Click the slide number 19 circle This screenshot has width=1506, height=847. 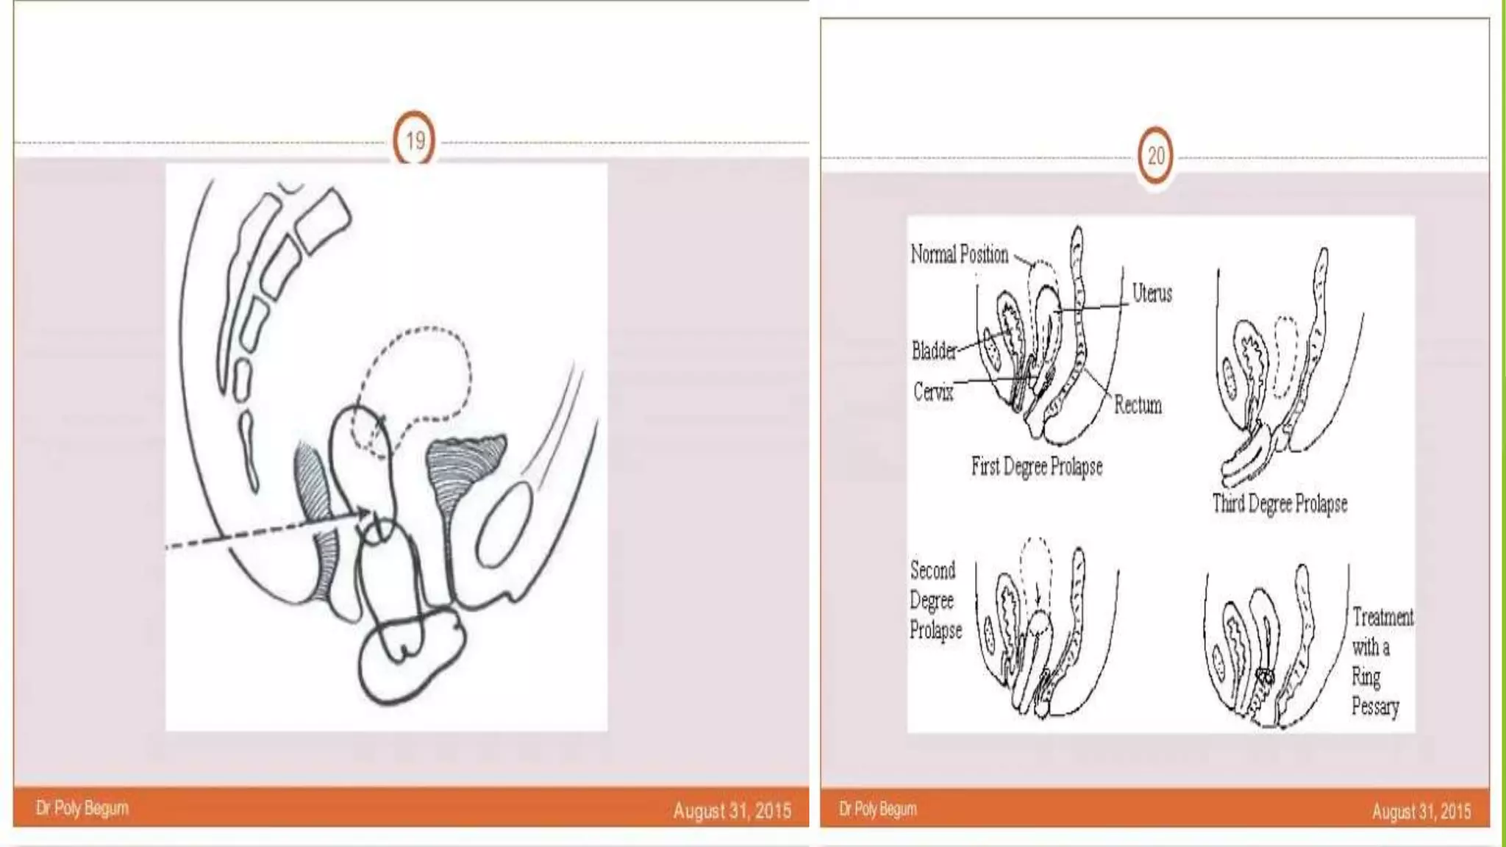tap(415, 140)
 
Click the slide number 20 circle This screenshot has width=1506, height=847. tap(1156, 156)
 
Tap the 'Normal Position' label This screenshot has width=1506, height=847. tap(959, 254)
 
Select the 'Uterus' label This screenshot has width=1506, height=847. tap(1152, 293)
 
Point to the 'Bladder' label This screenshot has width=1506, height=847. tap(934, 351)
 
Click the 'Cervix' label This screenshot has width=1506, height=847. tap(933, 391)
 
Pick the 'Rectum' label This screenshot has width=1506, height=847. tap(1138, 405)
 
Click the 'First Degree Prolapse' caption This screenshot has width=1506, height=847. tap(1036, 466)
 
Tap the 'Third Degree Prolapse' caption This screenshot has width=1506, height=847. tap(1280, 504)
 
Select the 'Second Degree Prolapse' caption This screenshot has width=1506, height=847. tap(935, 600)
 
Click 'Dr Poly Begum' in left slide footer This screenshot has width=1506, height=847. tap(82, 808)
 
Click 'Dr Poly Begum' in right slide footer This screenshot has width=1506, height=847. tap(878, 809)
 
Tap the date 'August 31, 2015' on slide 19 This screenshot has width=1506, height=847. tap(732, 810)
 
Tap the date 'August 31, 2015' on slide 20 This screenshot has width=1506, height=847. tap(1421, 811)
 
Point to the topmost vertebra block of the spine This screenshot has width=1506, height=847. tap(324, 218)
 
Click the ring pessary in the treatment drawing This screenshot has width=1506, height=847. tap(1266, 676)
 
